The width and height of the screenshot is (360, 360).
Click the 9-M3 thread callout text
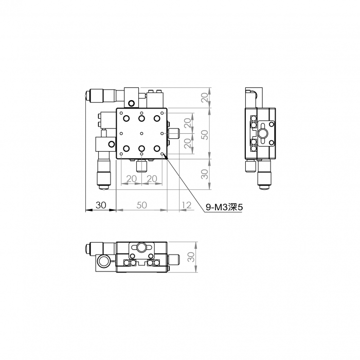(x=224, y=207)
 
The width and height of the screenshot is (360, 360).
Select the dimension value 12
(x=186, y=205)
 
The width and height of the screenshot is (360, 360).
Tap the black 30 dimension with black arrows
(x=101, y=205)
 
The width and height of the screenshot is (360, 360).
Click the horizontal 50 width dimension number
(x=141, y=205)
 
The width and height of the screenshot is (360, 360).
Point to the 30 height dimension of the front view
(x=191, y=257)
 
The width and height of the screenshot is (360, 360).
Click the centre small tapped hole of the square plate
(x=141, y=133)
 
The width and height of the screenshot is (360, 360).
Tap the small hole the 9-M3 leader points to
(x=162, y=154)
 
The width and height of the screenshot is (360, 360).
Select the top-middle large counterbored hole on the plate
(x=141, y=118)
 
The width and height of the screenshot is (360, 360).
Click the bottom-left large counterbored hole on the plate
(x=127, y=149)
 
